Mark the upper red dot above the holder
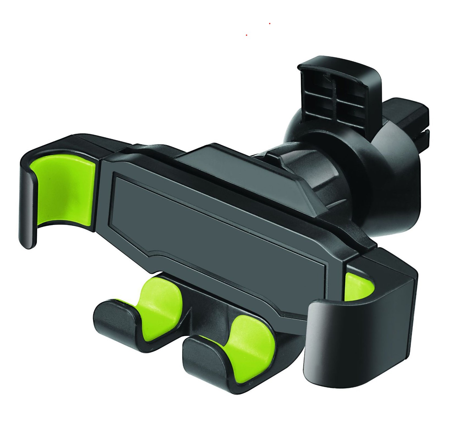tap(270, 24)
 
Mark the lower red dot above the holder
tap(247, 35)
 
